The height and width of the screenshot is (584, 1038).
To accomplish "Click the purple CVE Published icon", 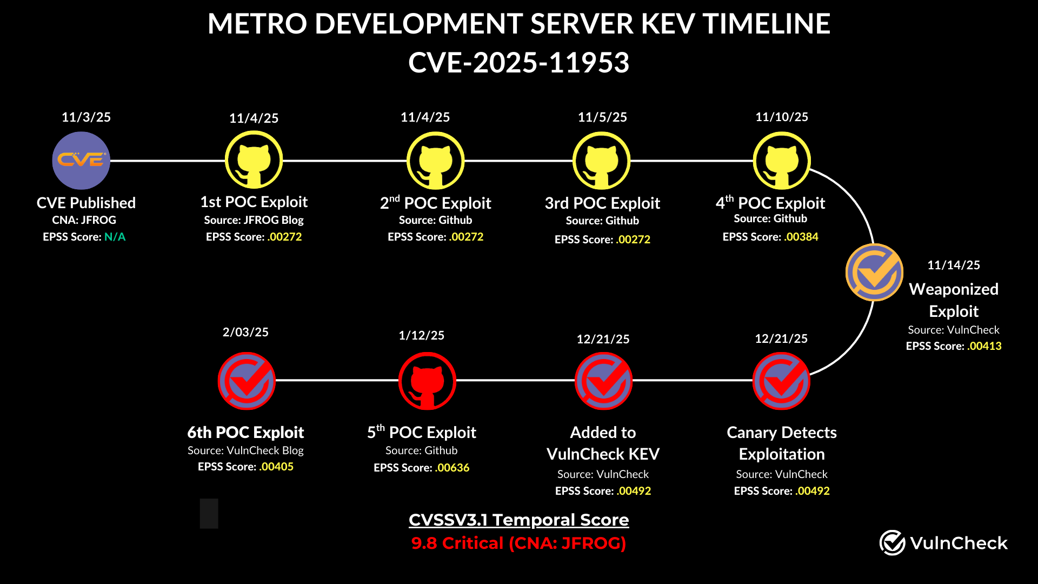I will (81, 161).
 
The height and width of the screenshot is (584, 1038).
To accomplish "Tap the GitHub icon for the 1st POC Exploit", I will (254, 161).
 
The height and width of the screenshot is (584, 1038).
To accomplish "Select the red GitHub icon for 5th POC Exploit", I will (427, 381).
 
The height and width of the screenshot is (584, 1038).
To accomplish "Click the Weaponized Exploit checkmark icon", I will (874, 273).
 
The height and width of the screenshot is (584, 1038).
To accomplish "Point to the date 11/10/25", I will (781, 117).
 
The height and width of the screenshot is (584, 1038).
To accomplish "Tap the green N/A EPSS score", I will (115, 237).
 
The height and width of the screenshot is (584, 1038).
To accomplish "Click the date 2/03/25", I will (245, 332).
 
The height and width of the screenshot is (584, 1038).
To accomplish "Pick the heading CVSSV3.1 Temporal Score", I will (518, 520).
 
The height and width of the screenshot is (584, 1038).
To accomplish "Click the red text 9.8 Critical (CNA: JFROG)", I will (518, 543).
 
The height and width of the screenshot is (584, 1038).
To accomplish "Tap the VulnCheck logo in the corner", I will (943, 543).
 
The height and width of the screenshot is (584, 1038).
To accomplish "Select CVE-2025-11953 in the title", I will (518, 63).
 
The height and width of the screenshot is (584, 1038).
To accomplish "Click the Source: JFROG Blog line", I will (254, 220).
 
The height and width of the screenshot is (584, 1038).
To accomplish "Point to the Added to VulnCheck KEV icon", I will (603, 381).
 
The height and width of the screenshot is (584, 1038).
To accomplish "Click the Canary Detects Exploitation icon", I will (781, 381).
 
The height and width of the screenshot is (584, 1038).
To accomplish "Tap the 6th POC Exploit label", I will (245, 433).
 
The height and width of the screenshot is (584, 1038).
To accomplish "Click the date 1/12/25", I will (421, 335).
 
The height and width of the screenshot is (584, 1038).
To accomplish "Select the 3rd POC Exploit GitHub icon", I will (602, 161).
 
